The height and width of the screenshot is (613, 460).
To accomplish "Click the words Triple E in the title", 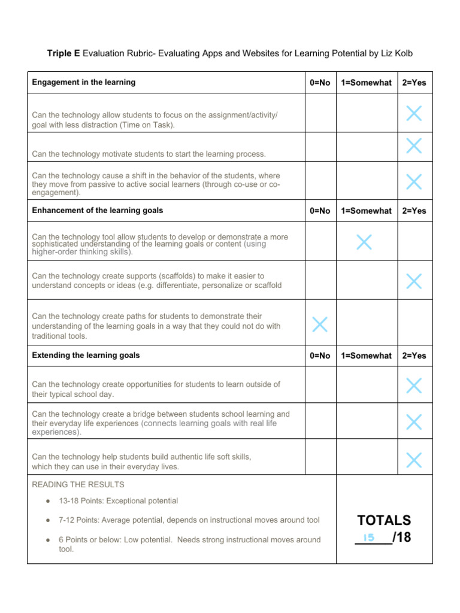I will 63,54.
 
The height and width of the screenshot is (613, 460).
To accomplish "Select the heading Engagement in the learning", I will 84,83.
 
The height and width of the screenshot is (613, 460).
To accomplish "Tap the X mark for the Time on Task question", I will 413,113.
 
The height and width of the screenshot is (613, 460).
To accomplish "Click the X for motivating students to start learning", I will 413,145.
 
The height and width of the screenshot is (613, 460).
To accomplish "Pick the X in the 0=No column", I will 320,324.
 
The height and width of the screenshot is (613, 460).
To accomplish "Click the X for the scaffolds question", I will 413,280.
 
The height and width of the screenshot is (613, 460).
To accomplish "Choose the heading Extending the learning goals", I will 86,356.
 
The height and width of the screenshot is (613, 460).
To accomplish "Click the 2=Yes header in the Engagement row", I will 414,83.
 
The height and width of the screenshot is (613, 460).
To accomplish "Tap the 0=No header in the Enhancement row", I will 320,211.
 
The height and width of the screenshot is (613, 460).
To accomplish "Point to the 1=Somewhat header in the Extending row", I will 366,356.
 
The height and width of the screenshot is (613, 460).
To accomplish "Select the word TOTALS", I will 384,520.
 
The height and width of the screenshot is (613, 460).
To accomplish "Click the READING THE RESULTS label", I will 78,484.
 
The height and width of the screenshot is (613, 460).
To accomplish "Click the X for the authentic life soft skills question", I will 413,460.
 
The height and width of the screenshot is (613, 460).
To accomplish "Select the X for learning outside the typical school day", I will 413,385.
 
